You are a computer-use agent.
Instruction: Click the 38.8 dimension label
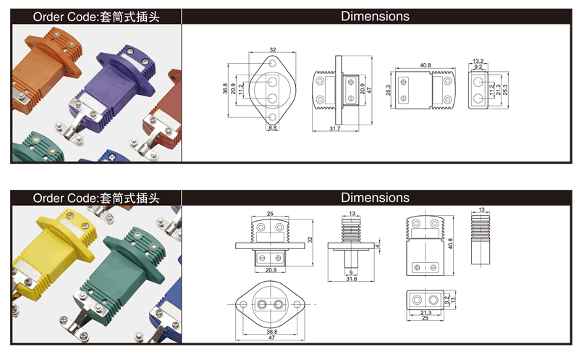click(225, 89)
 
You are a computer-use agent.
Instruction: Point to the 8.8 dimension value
click(273, 128)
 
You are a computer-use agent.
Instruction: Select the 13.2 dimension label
click(478, 61)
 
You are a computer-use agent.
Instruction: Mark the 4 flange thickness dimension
click(378, 246)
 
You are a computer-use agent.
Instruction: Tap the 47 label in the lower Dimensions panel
click(273, 339)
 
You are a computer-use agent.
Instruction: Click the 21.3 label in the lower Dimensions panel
click(425, 313)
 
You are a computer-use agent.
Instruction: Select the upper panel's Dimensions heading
click(375, 16)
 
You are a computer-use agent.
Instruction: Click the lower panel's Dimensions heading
click(375, 198)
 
